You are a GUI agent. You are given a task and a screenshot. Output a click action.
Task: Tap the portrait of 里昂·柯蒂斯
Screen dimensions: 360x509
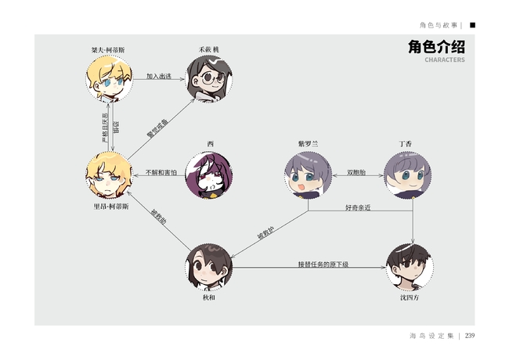108,175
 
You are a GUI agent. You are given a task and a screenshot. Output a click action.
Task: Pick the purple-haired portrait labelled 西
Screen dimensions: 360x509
209,175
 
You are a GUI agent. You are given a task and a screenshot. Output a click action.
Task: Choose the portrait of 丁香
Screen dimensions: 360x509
406,175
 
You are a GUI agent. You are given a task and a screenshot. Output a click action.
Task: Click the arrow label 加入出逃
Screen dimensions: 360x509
159,77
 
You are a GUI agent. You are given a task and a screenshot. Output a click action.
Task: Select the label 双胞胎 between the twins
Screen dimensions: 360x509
357,171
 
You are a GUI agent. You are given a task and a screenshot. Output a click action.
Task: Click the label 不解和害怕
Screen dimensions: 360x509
161,171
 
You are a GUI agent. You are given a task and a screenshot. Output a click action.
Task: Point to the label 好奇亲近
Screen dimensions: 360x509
359,207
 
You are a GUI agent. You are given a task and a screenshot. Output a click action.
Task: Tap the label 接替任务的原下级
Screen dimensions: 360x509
323,264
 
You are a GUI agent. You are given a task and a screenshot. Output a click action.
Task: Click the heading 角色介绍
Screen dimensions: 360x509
436,47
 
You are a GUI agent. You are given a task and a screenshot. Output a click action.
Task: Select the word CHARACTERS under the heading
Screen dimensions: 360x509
444,59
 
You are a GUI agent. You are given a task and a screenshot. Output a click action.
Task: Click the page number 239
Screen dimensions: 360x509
470,336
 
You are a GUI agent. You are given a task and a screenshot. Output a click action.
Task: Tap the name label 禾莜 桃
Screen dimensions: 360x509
208,50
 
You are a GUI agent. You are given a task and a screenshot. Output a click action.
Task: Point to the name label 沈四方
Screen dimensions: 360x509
409,297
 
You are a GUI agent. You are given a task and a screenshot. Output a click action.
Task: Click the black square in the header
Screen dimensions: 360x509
472,24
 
